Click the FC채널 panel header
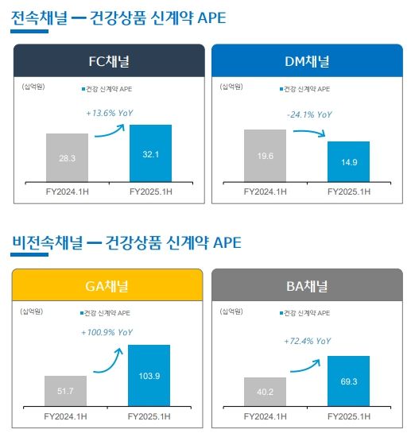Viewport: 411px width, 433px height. coord(109,61)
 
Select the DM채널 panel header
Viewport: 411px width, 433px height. coord(307,61)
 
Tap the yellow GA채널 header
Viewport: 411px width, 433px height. coord(109,285)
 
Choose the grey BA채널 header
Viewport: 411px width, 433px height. coord(307,285)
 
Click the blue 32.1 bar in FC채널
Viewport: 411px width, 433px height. coord(150,153)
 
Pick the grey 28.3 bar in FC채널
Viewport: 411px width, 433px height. coord(67,158)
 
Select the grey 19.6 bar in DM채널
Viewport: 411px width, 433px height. coord(265,156)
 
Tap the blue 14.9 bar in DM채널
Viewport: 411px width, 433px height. coord(348,162)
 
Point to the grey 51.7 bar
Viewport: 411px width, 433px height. coord(66,390)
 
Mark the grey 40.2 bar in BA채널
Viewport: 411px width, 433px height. coord(265,391)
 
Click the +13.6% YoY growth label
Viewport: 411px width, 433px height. coord(110,114)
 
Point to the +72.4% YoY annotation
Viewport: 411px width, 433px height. coord(308,341)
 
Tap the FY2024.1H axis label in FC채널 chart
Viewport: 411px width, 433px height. coord(67,191)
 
